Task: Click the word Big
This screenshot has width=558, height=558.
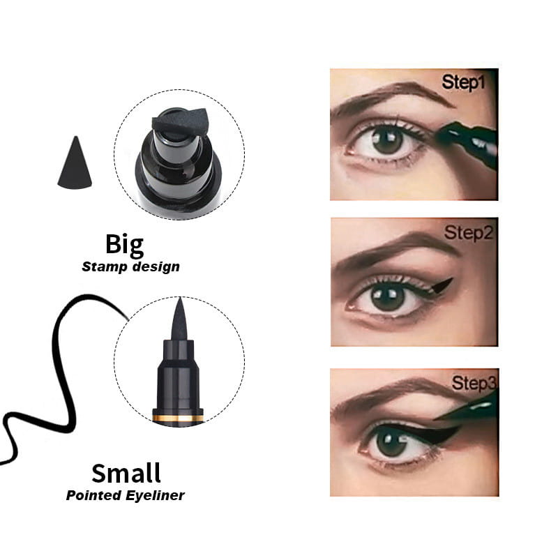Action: (x=125, y=245)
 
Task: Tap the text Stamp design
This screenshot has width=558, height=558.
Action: (x=130, y=266)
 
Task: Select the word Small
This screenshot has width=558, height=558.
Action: (x=126, y=473)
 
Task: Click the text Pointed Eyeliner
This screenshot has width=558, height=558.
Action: (x=126, y=496)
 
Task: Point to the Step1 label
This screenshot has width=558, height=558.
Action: (x=463, y=82)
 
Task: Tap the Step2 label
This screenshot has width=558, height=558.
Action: (x=469, y=232)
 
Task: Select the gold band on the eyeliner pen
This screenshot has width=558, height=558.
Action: (x=179, y=418)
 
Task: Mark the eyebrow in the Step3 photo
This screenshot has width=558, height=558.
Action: (x=391, y=395)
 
